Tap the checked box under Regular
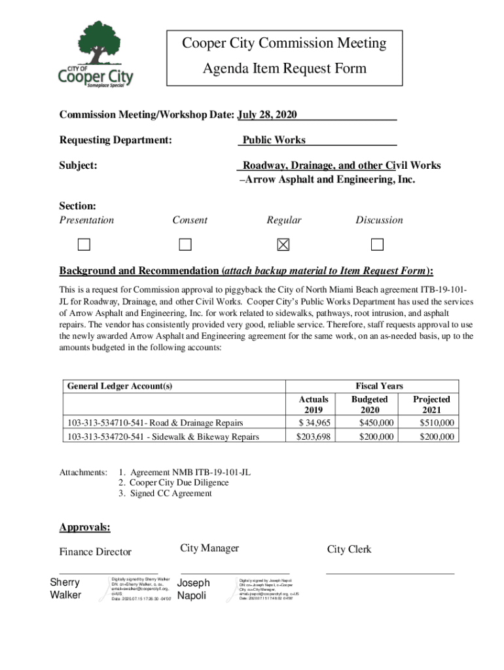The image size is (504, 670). [x=283, y=245]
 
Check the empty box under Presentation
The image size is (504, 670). [x=83, y=245]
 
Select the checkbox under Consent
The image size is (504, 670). [x=186, y=245]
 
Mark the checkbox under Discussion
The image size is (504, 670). [x=377, y=245]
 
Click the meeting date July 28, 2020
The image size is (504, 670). [x=267, y=115]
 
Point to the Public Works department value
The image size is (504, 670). [x=274, y=140]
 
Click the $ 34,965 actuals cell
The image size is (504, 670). [x=314, y=423]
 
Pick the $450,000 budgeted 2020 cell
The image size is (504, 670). [x=376, y=423]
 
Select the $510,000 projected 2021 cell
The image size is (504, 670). [x=437, y=423]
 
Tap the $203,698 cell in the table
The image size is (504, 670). [x=314, y=436]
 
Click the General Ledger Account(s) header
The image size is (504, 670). [x=120, y=386]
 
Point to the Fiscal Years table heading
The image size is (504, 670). [x=379, y=386]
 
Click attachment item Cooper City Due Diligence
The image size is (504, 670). [x=173, y=483]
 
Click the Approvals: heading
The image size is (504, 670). [x=85, y=527]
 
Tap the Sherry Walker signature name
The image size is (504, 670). [x=65, y=588]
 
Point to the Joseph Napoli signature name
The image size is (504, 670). [x=194, y=589]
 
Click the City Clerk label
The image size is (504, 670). [x=349, y=550]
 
